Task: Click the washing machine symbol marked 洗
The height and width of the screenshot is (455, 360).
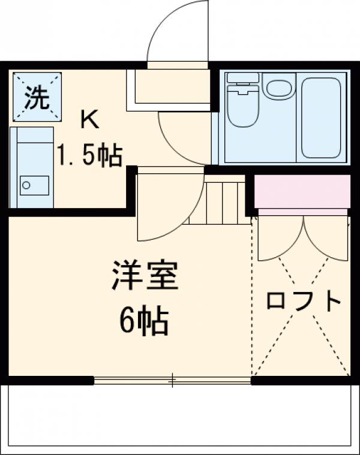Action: point(37,97)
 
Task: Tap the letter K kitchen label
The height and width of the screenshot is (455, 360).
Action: point(90,120)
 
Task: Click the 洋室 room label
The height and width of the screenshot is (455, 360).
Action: point(144,276)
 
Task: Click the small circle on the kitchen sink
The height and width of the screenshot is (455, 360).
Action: point(26,185)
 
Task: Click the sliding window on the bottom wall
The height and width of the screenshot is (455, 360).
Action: point(173,379)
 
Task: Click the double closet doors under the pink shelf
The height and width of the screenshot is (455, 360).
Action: point(303,237)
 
